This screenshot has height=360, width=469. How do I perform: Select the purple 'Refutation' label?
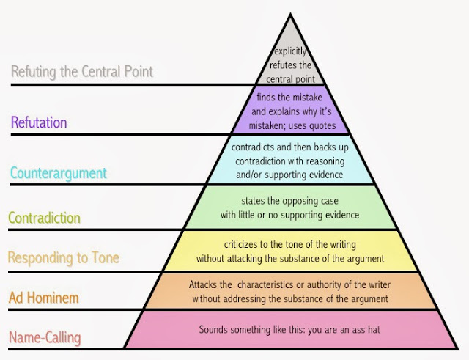pyautogui.click(x=39, y=122)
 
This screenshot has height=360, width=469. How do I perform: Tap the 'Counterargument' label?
pyautogui.click(x=59, y=174)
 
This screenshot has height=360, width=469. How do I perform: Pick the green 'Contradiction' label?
pyautogui.click(x=44, y=218)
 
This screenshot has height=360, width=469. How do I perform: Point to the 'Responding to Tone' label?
pyautogui.click(x=64, y=258)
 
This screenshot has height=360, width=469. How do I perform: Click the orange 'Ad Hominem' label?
pyautogui.click(x=44, y=298)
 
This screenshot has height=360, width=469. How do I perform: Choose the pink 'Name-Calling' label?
pyautogui.click(x=45, y=338)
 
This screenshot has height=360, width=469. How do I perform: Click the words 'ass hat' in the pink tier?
pyautogui.click(x=366, y=330)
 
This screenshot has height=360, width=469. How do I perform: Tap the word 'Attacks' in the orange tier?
pyautogui.click(x=204, y=284)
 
